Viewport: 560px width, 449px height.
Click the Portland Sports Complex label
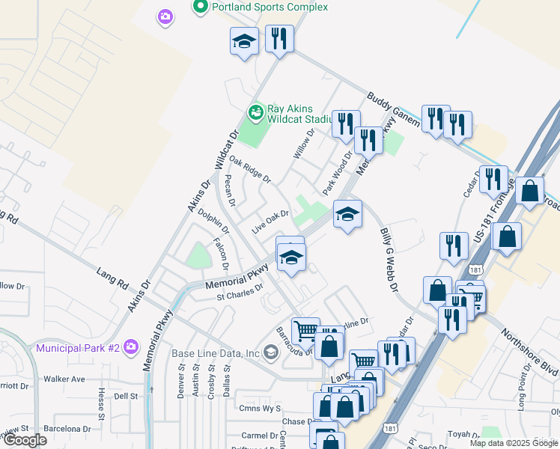pos(270,7)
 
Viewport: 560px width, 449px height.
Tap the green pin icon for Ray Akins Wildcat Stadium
pos(256,112)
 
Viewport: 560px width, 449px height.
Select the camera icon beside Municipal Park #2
pos(132,346)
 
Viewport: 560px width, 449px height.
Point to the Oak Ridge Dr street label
pos(249,170)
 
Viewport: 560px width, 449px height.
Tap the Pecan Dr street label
pos(230,191)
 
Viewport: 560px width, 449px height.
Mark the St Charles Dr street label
pos(240,292)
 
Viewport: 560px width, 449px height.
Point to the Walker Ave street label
pos(64,379)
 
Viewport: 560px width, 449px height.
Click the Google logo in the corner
pos(25,440)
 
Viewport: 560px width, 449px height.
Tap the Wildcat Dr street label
pos(226,149)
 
